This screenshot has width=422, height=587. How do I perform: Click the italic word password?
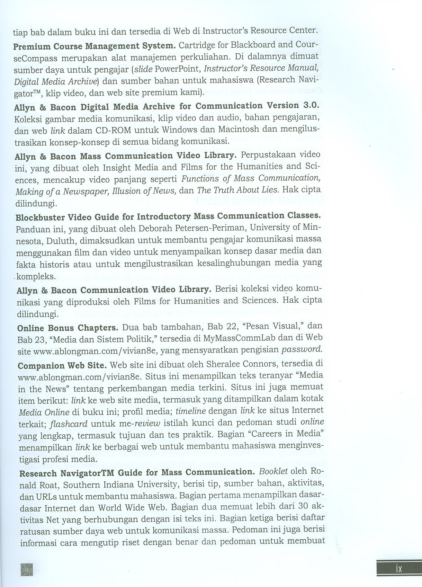(304, 350)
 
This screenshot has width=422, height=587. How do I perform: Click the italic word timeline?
(191, 412)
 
